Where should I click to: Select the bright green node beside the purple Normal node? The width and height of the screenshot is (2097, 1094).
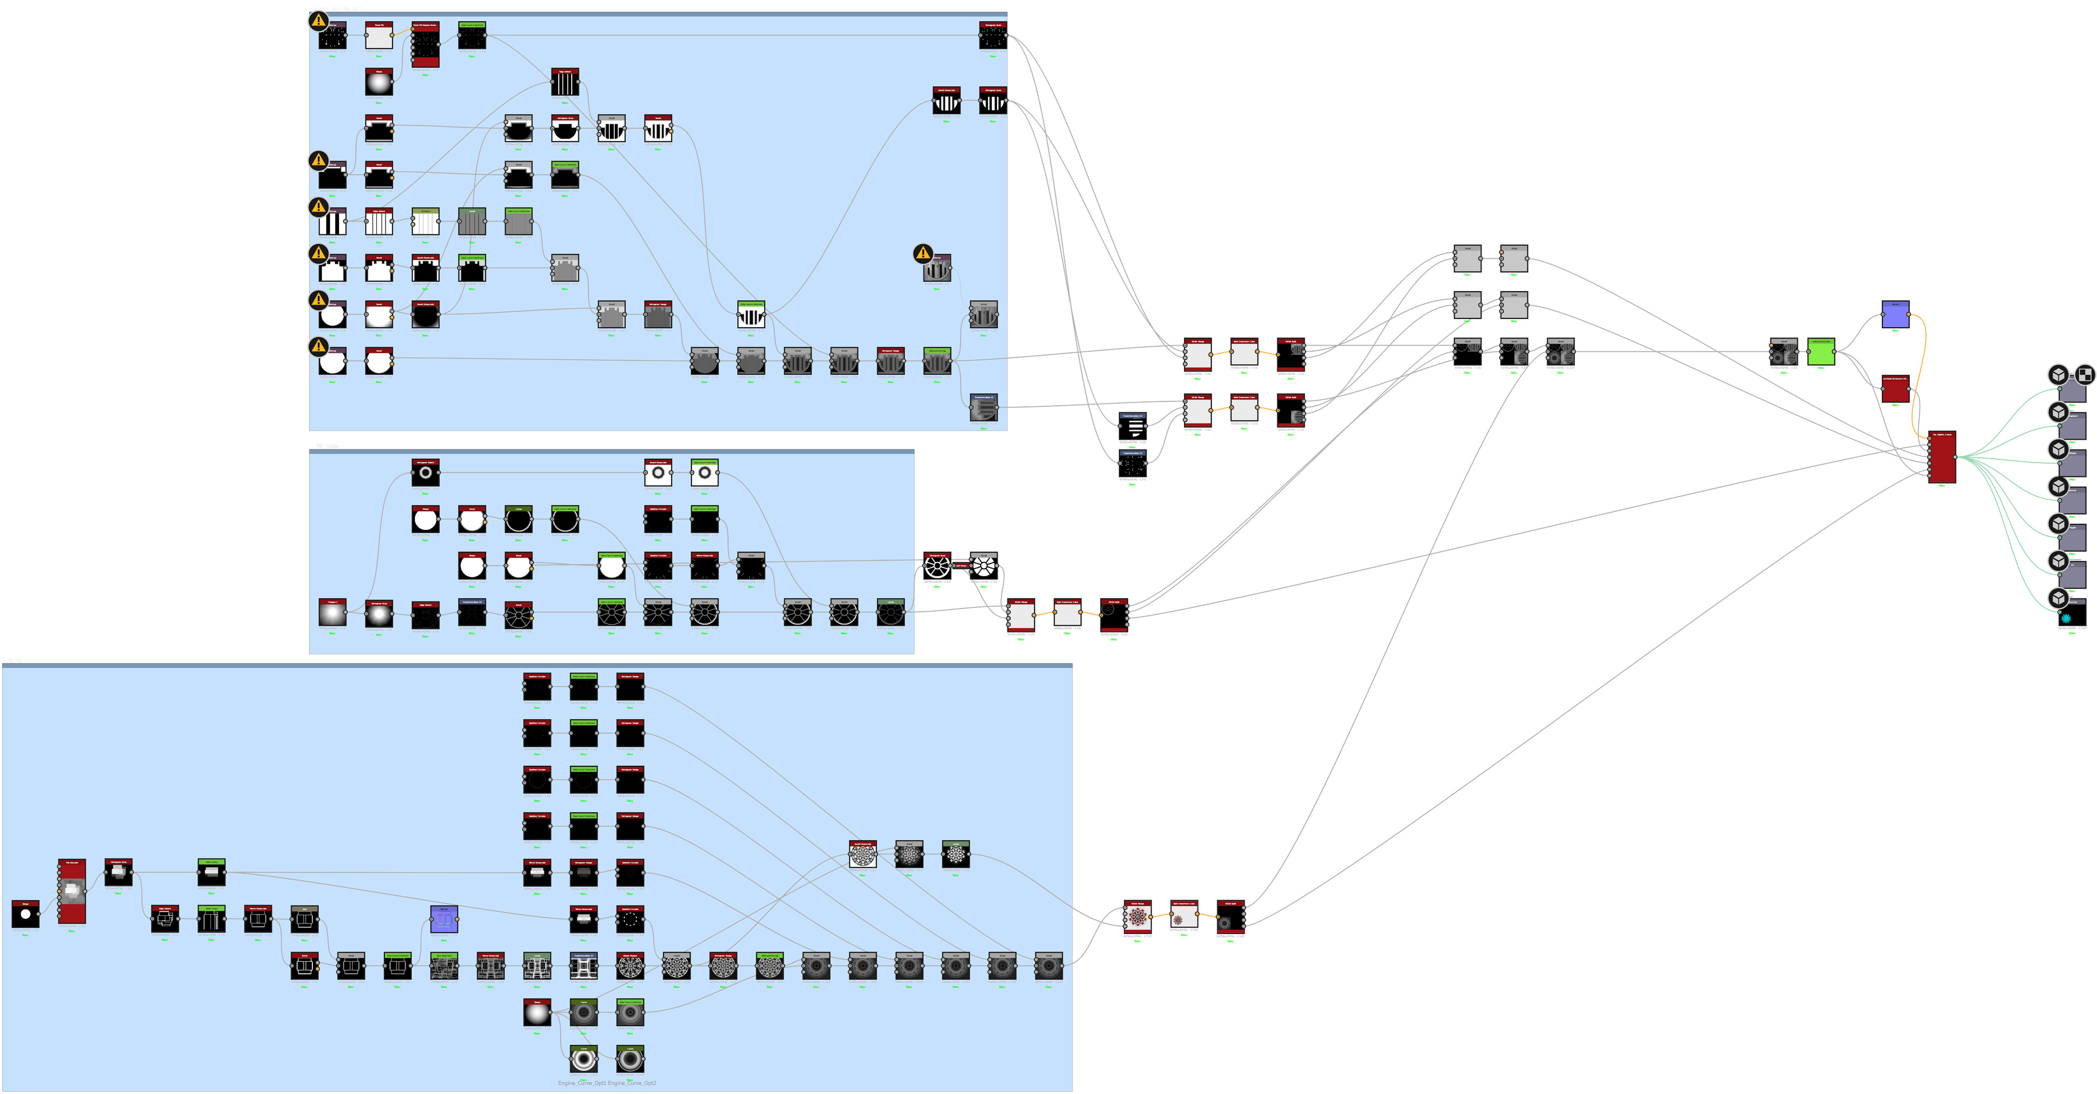point(1821,352)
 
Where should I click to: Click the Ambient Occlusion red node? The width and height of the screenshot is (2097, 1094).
point(1895,388)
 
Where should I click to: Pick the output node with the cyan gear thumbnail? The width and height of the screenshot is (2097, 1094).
point(2072,614)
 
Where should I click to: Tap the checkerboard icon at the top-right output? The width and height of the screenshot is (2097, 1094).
point(2084,375)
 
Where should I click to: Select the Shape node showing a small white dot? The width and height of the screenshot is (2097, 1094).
point(25,914)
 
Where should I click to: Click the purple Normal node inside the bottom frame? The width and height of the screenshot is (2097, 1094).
point(443,919)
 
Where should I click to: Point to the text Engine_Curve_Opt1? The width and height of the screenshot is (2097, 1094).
point(582,1084)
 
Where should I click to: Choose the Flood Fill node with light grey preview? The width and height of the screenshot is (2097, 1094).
point(378,36)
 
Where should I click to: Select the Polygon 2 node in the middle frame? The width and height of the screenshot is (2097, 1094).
point(332,613)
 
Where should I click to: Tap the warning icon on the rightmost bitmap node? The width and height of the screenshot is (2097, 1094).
point(922,253)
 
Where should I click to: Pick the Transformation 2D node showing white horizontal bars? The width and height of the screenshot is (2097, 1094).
point(1133,425)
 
